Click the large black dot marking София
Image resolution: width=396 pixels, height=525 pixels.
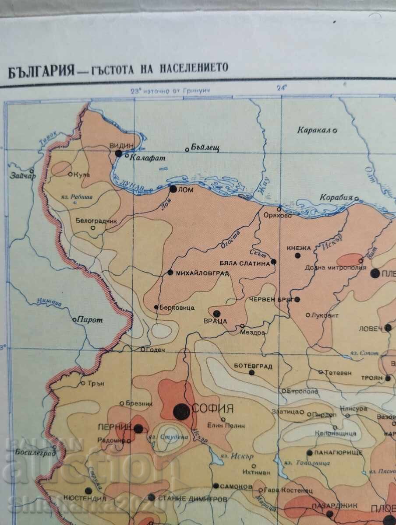coord(181,411)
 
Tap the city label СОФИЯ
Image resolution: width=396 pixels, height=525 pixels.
coord(213,409)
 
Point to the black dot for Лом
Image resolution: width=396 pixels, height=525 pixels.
coord(173,189)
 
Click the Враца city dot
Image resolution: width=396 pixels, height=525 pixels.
coord(216,313)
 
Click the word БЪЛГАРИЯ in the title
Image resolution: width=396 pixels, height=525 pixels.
coord(39,70)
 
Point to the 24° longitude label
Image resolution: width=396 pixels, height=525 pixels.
coord(281,87)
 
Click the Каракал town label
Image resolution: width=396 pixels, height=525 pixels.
coord(315,130)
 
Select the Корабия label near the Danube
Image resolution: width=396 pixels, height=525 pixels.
coord(336,197)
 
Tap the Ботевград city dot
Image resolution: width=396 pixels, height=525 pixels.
coord(251,372)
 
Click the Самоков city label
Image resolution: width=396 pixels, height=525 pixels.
coord(237,486)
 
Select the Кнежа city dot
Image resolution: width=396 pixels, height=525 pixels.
coord(297,255)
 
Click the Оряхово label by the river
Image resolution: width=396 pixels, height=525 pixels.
coord(277,215)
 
